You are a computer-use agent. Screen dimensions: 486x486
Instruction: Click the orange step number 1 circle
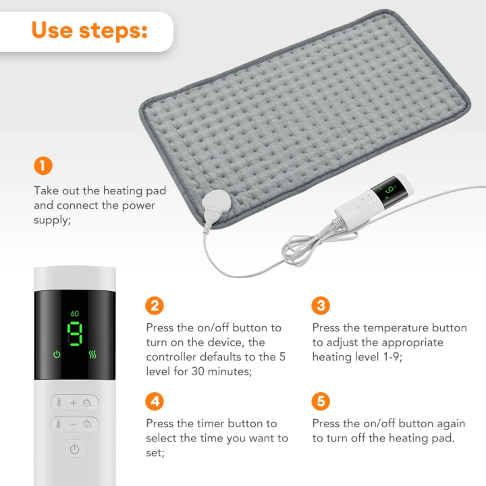pos(43,165)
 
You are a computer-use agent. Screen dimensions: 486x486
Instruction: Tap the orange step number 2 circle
pos(155,305)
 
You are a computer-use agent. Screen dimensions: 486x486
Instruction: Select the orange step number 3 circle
pos(321,305)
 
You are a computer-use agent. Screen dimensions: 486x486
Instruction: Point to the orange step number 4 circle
pos(155,402)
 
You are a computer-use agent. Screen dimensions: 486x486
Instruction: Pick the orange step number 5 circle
pos(321,402)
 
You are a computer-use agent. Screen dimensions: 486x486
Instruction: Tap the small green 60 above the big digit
pos(74,314)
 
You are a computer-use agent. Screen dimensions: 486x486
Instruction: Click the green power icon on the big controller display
pos(56,354)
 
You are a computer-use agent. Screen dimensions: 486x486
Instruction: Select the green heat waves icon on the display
pos(92,354)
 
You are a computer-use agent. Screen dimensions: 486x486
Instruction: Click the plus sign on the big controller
pos(74,403)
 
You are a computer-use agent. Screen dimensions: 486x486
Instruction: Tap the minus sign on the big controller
pos(74,425)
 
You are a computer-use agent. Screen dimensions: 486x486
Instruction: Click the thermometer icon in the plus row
pos(59,403)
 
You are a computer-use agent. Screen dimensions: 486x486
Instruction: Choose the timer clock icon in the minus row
pos(88,425)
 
